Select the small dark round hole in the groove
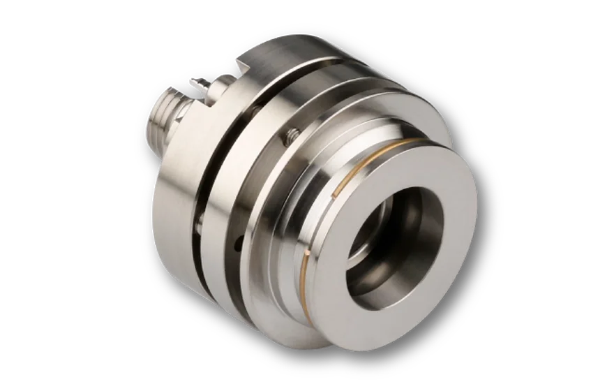click(239, 242)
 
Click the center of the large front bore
click(394, 240)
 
